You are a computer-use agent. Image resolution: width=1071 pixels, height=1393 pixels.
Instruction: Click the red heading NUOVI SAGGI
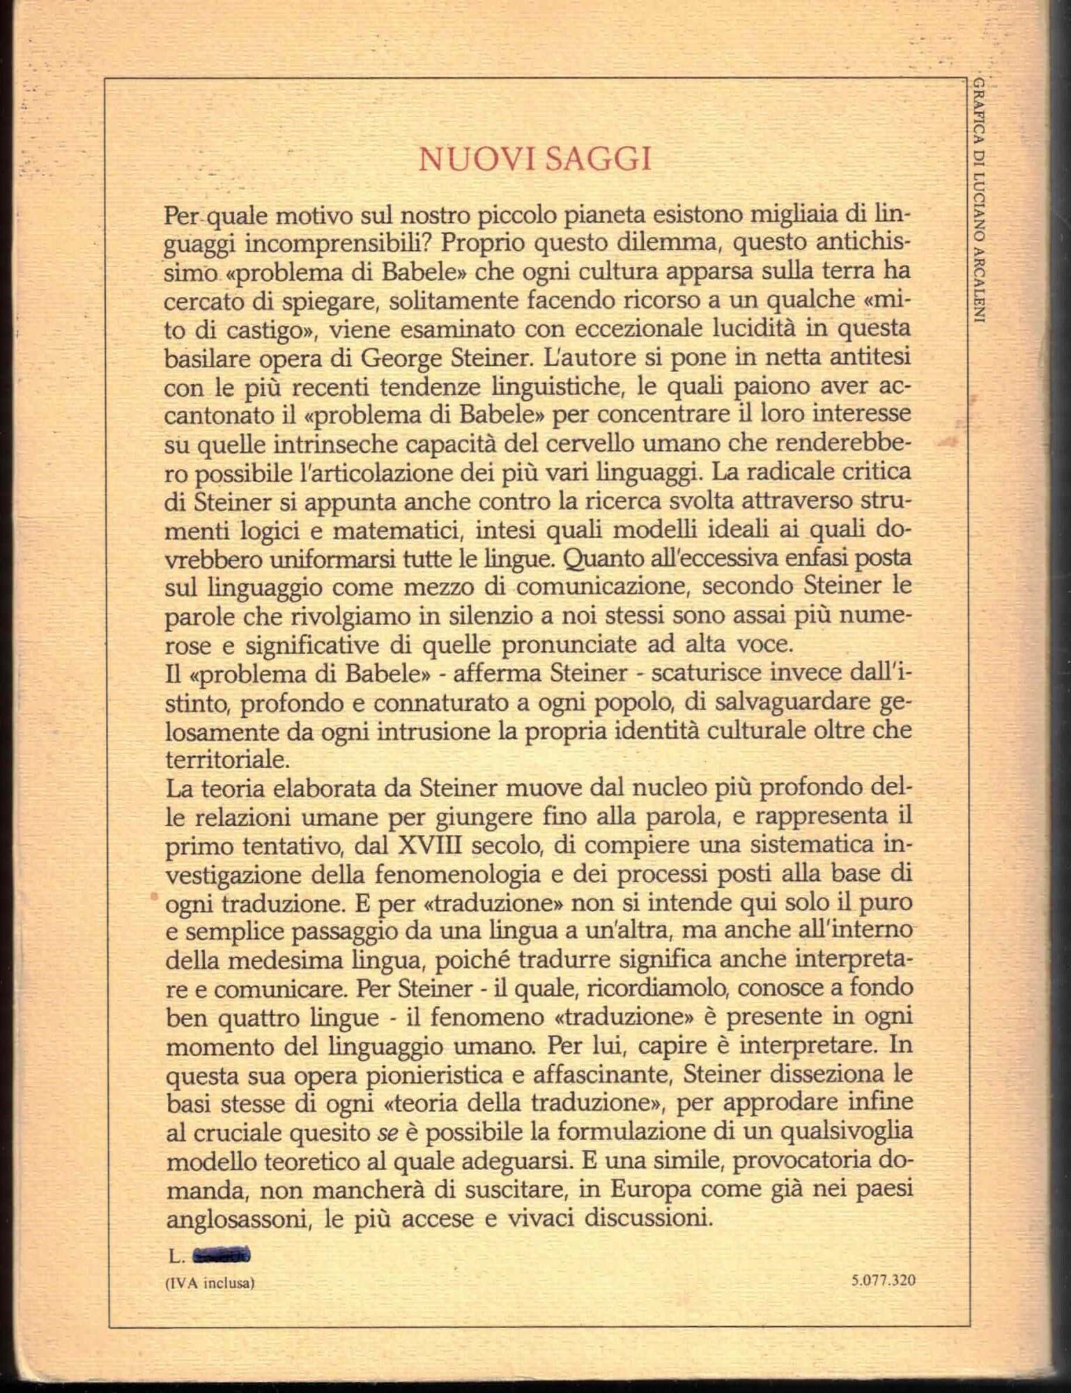(535, 160)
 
